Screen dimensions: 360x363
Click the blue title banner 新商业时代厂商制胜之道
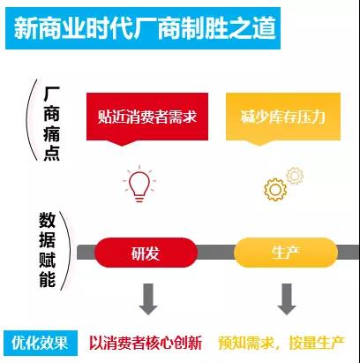pyautogui.click(x=143, y=28)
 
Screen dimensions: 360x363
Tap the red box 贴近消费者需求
pyautogui.click(x=147, y=117)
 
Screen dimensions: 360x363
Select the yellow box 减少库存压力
pyautogui.click(x=283, y=117)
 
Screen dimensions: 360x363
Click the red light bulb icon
pyautogui.click(x=139, y=184)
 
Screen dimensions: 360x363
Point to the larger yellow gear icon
pyautogui.click(x=275, y=190)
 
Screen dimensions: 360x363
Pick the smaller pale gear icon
pyautogui.click(x=295, y=176)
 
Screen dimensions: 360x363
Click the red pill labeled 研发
pyautogui.click(x=146, y=253)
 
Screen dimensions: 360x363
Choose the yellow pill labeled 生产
pyautogui.click(x=286, y=253)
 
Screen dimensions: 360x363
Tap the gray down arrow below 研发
pyautogui.click(x=148, y=299)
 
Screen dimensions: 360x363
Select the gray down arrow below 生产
pyautogui.click(x=287, y=299)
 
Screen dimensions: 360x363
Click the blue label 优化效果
pyautogui.click(x=41, y=343)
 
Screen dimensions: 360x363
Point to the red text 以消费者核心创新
pyautogui.click(x=146, y=343)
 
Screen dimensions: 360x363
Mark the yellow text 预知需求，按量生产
pyautogui.click(x=281, y=343)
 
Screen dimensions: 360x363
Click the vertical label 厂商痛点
pyautogui.click(x=52, y=124)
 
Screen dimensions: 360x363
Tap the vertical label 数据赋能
pyautogui.click(x=48, y=250)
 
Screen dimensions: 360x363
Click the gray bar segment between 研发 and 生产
pyautogui.click(x=215, y=253)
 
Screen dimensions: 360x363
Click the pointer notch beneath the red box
pyautogui.click(x=123, y=143)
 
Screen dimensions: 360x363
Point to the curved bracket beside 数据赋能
pyautogui.click(x=68, y=251)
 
